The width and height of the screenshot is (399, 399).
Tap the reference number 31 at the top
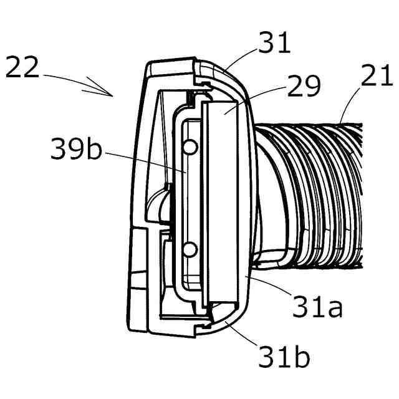click(274, 43)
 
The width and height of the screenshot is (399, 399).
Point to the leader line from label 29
click(253, 100)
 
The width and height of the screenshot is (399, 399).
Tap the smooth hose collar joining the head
click(265, 206)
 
